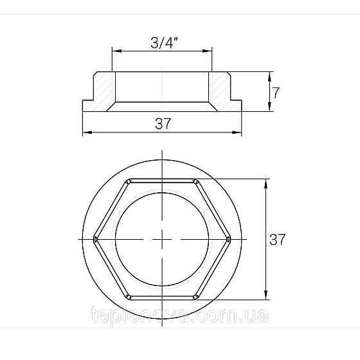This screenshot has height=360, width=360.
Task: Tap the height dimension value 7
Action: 276,93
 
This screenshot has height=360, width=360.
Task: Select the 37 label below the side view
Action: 163,124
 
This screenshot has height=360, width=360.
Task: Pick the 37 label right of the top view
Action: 277,239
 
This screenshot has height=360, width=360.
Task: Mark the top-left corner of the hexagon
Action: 129,179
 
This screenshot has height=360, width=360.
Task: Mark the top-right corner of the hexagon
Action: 196,179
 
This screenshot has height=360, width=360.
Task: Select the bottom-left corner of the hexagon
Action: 129,297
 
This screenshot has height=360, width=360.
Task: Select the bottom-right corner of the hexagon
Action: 196,297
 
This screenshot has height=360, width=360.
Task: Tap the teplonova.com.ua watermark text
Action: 181,317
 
